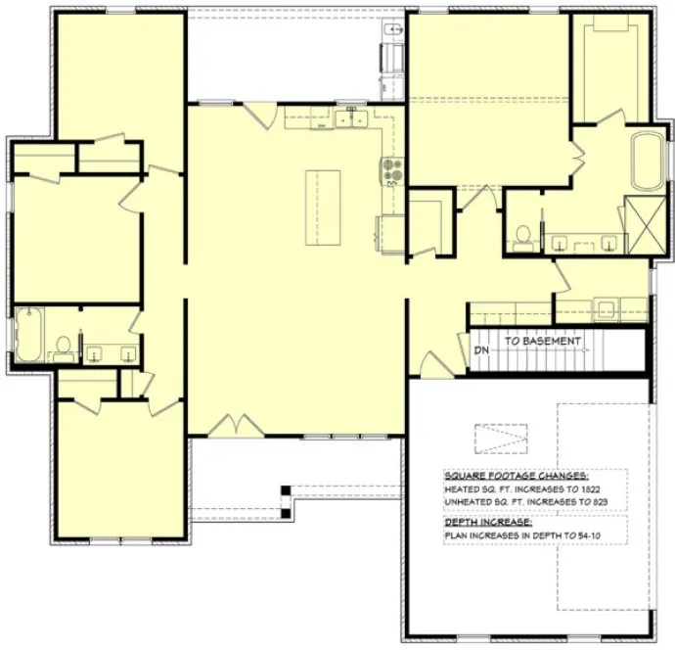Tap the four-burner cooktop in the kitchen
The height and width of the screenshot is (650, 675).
pos(391,172)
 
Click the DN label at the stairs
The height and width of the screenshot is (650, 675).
pos(481,348)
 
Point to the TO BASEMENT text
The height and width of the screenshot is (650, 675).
pos(543,342)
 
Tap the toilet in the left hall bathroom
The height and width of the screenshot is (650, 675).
pos(65,346)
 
